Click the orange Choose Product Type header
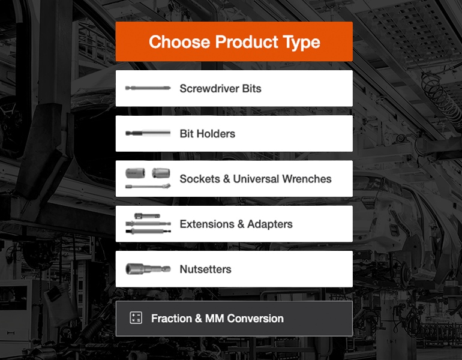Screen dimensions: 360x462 (234, 41)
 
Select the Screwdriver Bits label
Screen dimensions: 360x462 (220, 89)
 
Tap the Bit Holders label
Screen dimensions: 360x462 (207, 134)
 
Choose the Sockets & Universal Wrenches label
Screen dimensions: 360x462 (255, 179)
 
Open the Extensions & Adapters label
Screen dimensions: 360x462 (236, 224)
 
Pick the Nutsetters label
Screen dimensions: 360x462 (205, 269)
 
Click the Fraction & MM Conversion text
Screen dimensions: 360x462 (217, 319)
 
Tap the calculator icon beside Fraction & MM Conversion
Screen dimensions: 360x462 (136, 318)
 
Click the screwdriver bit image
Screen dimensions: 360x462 (148, 88)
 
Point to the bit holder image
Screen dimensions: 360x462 (148, 133)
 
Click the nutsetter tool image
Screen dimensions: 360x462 (148, 269)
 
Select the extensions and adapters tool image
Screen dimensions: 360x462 (148, 224)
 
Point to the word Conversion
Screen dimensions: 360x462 (255, 319)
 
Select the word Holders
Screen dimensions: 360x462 (216, 134)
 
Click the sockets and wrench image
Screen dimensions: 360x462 (148, 178)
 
